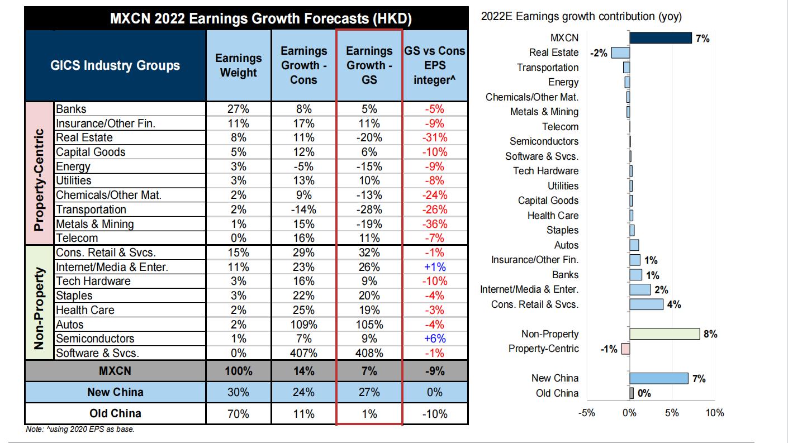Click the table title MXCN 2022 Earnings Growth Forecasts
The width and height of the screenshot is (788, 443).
pyautogui.click(x=260, y=19)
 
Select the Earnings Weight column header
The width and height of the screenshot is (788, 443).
pyautogui.click(x=239, y=65)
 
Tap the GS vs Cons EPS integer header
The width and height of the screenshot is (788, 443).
pyautogui.click(x=435, y=65)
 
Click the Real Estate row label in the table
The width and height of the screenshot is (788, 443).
pyautogui.click(x=84, y=137)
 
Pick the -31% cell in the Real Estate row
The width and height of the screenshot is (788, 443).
pyautogui.click(x=435, y=137)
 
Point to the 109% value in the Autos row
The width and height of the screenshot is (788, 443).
pyautogui.click(x=303, y=325)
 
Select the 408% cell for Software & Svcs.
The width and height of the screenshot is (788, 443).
pyautogui.click(x=369, y=353)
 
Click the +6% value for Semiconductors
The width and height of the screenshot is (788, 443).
pyautogui.click(x=435, y=339)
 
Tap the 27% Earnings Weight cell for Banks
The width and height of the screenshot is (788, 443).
pyautogui.click(x=239, y=109)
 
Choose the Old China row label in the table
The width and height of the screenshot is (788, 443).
pyautogui.click(x=115, y=414)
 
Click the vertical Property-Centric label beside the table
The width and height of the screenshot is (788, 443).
pyautogui.click(x=40, y=173)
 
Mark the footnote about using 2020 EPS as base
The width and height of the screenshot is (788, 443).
pyautogui.click(x=80, y=429)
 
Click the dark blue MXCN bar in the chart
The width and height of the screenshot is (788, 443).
pyautogui.click(x=661, y=37)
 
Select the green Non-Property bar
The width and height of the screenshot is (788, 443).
pyautogui.click(x=664, y=334)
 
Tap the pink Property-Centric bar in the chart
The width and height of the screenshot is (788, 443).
pyautogui.click(x=625, y=349)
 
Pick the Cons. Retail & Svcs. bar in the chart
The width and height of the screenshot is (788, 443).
pyautogui.click(x=647, y=304)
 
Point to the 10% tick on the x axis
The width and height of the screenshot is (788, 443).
pyautogui.click(x=715, y=413)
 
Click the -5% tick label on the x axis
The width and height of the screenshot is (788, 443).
pyautogui.click(x=587, y=413)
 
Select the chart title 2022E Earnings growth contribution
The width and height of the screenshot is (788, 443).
pyautogui.click(x=581, y=17)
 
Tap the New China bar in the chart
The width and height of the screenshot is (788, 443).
pyautogui.click(x=659, y=378)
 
